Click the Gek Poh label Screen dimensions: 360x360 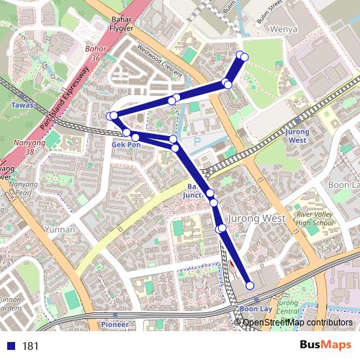(126, 144)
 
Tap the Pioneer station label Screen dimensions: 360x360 (114, 325)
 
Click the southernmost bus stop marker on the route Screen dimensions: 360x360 (251, 286)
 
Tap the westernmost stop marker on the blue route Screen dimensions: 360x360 (110, 116)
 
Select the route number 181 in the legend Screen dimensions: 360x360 (31, 346)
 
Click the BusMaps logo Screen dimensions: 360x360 (325, 345)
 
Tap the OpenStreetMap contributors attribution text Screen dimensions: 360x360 (297, 322)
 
